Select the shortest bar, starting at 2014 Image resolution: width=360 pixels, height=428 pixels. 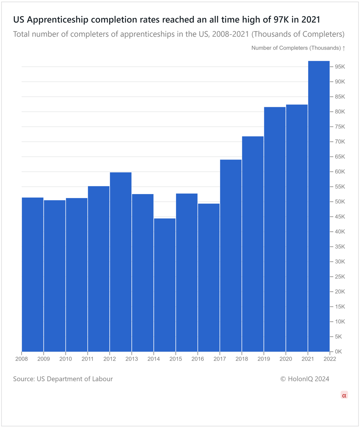[x=165, y=284]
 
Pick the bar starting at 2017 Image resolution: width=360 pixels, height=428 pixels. [x=231, y=255]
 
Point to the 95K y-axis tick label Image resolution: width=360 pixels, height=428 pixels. [x=340, y=67]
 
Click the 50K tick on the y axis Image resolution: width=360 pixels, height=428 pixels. [x=340, y=202]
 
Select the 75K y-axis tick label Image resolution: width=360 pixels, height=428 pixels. [x=340, y=127]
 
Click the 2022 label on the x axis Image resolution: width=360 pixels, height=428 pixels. [x=330, y=359]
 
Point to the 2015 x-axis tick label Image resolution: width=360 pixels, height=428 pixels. [x=176, y=359]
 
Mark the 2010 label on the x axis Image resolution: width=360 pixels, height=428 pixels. [x=66, y=359]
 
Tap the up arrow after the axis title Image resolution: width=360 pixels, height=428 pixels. [x=344, y=48]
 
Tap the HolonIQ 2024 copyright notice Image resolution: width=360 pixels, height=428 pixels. [x=305, y=379]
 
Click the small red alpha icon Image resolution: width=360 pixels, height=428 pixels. [x=344, y=395]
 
